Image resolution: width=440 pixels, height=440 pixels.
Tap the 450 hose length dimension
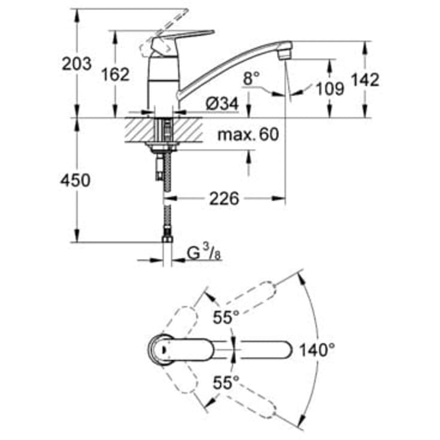(77, 180)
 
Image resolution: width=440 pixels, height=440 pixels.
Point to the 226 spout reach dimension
(224, 198)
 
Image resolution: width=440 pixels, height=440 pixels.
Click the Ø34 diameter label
(221, 104)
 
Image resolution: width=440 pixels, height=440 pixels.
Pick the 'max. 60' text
(248, 135)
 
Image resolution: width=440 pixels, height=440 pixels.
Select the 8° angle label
(252, 78)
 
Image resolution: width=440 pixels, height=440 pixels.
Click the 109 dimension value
(330, 89)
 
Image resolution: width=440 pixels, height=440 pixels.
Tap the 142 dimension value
(365, 79)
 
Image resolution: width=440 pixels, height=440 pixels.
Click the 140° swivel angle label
(317, 350)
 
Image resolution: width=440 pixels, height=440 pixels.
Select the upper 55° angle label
(227, 317)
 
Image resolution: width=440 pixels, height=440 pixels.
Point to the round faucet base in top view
(162, 348)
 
